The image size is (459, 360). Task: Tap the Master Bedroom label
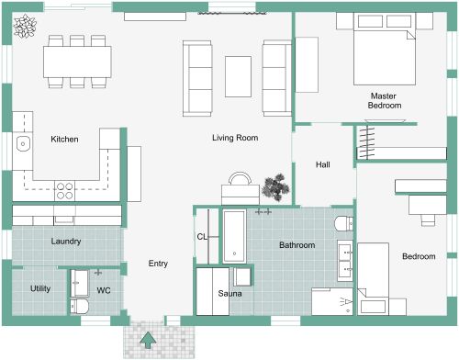coord(386,100)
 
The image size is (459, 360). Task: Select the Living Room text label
coord(234,138)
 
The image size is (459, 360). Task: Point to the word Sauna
coord(229,293)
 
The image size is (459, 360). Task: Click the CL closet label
coord(202,236)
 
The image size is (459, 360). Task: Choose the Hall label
coord(323,164)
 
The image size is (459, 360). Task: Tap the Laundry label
coord(66,242)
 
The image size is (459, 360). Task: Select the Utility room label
coord(40,288)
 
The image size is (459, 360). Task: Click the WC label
coord(104,290)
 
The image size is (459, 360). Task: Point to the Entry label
coord(158,264)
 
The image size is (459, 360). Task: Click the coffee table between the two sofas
coord(239,76)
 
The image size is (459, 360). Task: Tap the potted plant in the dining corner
coord(26,26)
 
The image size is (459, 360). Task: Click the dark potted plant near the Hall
coord(274,187)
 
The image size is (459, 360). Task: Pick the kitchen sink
coord(22,143)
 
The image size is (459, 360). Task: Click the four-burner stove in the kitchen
coord(66,191)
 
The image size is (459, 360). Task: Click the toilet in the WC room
coord(79,305)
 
